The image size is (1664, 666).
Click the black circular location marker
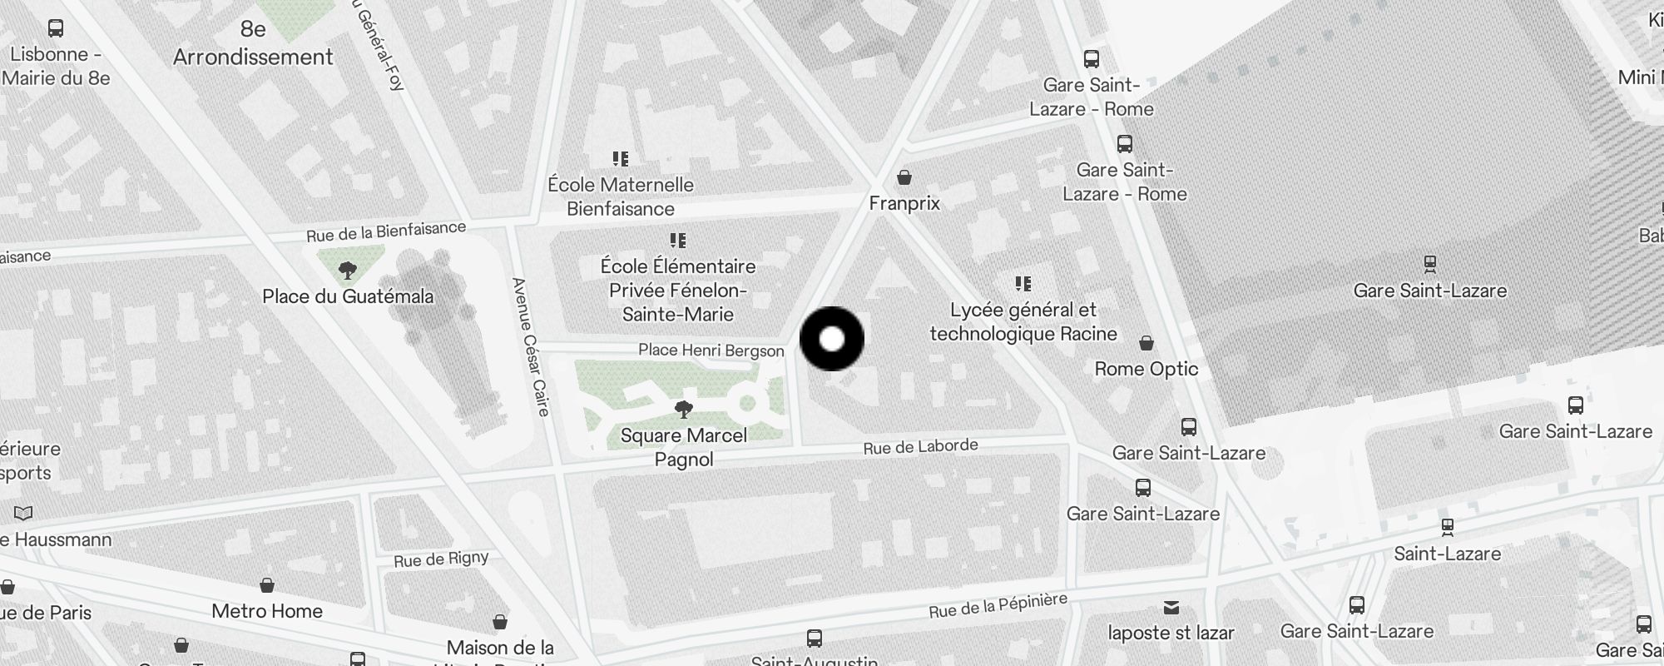[x=832, y=339]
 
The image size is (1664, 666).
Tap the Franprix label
[x=904, y=203]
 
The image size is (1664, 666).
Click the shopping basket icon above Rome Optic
[x=1146, y=343]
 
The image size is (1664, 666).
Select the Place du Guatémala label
[x=348, y=296]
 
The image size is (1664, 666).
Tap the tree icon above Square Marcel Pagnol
[x=684, y=409]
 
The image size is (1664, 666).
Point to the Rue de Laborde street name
[x=920, y=447]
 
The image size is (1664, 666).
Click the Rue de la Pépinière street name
[x=998, y=606]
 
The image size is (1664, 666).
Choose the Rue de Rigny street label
[x=441, y=559]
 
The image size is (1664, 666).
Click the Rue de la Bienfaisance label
[x=386, y=231]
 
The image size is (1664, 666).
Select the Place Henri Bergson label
[x=711, y=350]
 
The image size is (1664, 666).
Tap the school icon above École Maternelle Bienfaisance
[x=621, y=158]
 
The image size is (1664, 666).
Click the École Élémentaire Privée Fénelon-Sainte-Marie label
[x=678, y=290]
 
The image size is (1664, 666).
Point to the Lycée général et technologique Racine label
[x=1023, y=321]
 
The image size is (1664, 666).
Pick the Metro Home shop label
[x=267, y=611]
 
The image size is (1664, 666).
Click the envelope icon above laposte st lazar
[x=1171, y=607]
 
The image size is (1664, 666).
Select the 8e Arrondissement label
[x=253, y=43]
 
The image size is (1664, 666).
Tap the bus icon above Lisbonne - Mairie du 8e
[x=56, y=28]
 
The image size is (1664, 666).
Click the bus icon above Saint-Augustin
[x=815, y=639]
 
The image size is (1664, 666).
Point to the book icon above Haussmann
[x=24, y=513]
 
